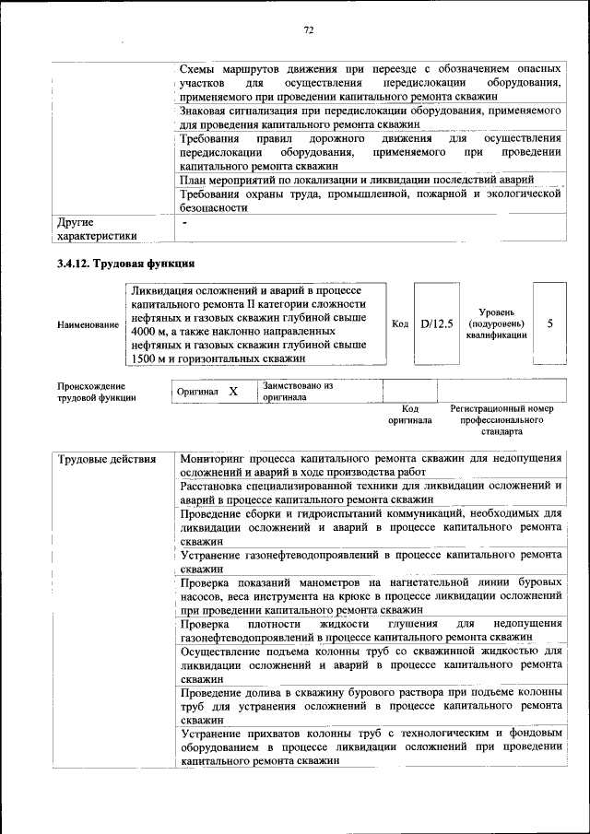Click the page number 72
309,30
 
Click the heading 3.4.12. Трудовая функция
124,264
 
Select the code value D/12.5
436,323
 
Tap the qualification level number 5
550,323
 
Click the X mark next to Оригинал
233,392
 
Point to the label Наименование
88,324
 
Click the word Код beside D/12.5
400,323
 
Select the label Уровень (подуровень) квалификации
496,323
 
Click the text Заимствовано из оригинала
298,392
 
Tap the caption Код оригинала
410,414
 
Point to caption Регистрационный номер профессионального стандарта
501,419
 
